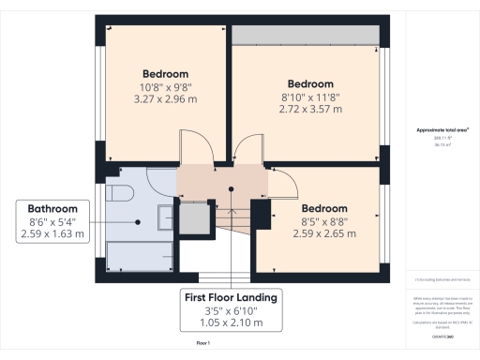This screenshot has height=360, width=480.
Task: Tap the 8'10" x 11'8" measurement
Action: (310, 96)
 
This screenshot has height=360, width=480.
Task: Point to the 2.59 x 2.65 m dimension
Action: (323, 234)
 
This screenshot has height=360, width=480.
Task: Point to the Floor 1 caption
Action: (204, 346)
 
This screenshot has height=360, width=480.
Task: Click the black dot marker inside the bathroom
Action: (139, 221)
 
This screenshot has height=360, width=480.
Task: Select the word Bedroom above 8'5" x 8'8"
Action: (323, 208)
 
